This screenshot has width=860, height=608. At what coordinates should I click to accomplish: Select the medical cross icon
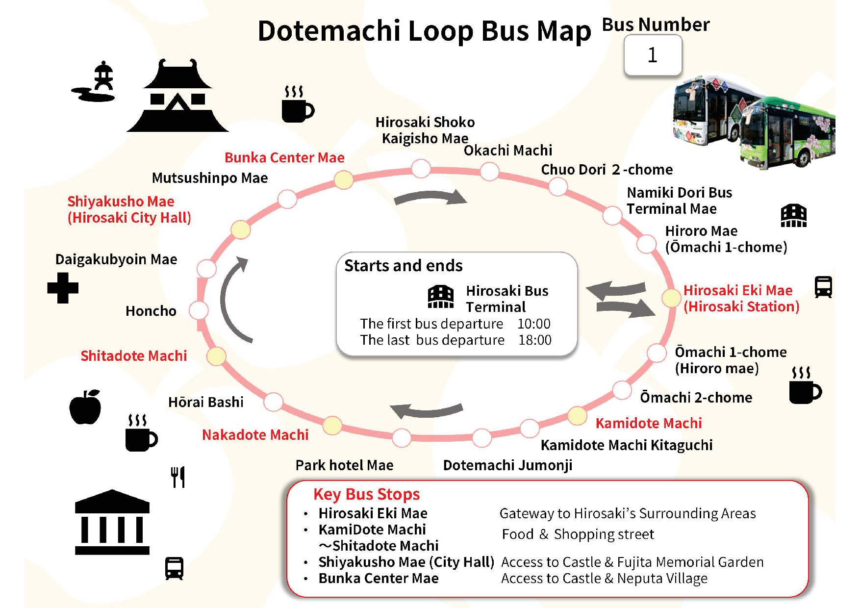pos(63,287)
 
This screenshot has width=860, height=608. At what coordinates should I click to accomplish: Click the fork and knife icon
pos(178,477)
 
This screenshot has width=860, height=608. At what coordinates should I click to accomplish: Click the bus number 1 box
pos(653,55)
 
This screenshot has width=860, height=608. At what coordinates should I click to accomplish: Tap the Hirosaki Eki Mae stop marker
pos(671,298)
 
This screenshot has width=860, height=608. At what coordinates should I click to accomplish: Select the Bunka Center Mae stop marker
pos(343,180)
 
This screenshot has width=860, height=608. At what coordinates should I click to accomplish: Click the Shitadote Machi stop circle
pos(216,356)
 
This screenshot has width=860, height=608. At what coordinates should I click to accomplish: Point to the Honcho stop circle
pos(199,310)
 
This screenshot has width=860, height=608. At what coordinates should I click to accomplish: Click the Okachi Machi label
pos(507,151)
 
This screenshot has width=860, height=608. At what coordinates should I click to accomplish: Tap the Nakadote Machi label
pos(255,435)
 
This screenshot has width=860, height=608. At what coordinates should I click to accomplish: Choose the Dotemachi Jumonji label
pos(507,465)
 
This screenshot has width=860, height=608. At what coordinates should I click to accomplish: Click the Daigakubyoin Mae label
pos(116,259)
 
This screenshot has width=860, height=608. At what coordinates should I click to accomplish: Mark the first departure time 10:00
pos(533,324)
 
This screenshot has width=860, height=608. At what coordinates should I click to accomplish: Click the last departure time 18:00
pos(534,340)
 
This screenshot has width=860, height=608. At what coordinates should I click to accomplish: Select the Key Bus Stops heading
pos(366,494)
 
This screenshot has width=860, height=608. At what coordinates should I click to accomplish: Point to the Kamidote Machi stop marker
pos(577,416)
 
